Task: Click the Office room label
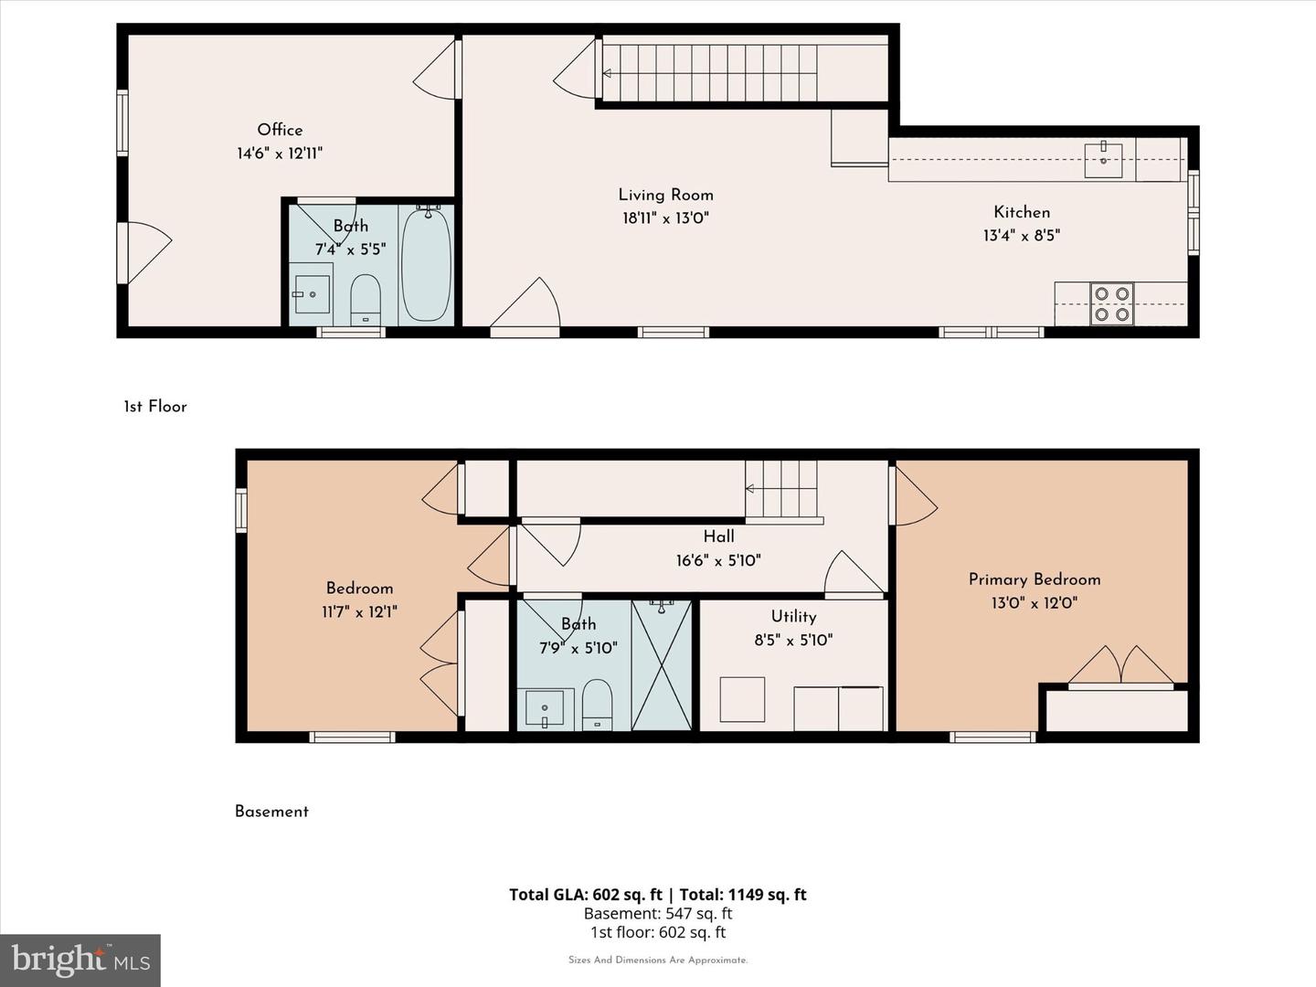click(x=280, y=130)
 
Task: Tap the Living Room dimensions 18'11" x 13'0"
click(x=665, y=218)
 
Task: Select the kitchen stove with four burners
click(x=1112, y=303)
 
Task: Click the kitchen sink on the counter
click(x=1103, y=161)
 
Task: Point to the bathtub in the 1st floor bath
click(x=426, y=264)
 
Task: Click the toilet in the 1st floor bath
click(x=366, y=300)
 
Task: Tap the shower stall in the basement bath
click(x=662, y=665)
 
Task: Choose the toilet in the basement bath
click(x=597, y=705)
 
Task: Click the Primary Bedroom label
click(x=1035, y=579)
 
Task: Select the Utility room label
click(x=794, y=617)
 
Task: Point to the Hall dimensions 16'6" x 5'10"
click(x=719, y=561)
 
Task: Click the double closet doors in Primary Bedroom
click(x=1120, y=664)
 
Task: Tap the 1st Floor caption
click(x=155, y=407)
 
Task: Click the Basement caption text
click(x=271, y=812)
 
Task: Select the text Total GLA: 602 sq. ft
click(x=586, y=895)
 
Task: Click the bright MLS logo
click(x=80, y=960)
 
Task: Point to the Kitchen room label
click(x=1022, y=212)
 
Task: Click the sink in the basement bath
click(x=545, y=709)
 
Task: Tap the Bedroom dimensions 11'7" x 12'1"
click(x=359, y=612)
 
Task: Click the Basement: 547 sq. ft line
click(x=658, y=913)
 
